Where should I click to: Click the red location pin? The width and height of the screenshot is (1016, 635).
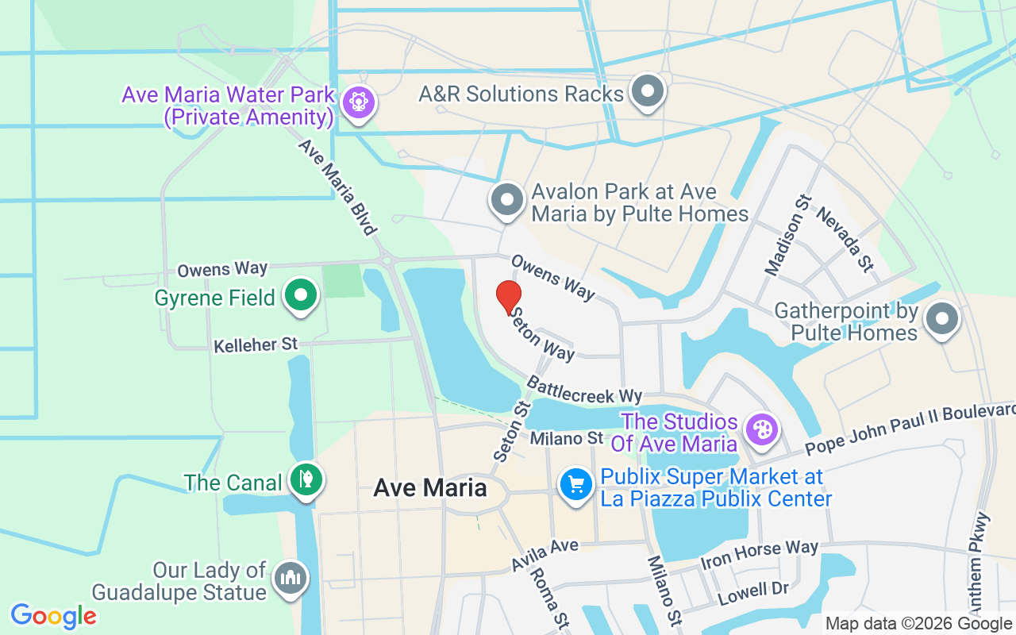point(509,298)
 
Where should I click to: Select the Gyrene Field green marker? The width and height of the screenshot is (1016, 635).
point(301,296)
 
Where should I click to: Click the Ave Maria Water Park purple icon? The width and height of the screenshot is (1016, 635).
point(359,102)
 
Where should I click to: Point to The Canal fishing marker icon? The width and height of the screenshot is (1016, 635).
point(306,479)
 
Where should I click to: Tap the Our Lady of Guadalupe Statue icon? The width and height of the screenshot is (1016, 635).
point(291,579)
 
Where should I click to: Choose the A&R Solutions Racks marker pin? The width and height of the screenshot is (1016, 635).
point(648,91)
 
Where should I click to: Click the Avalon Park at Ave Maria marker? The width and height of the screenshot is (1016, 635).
point(507,201)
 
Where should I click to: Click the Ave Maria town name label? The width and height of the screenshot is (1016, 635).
point(430,488)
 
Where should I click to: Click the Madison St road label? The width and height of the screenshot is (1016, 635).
point(778,236)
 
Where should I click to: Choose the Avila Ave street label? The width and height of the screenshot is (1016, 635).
point(545,554)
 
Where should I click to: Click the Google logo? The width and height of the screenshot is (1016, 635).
point(54,616)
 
